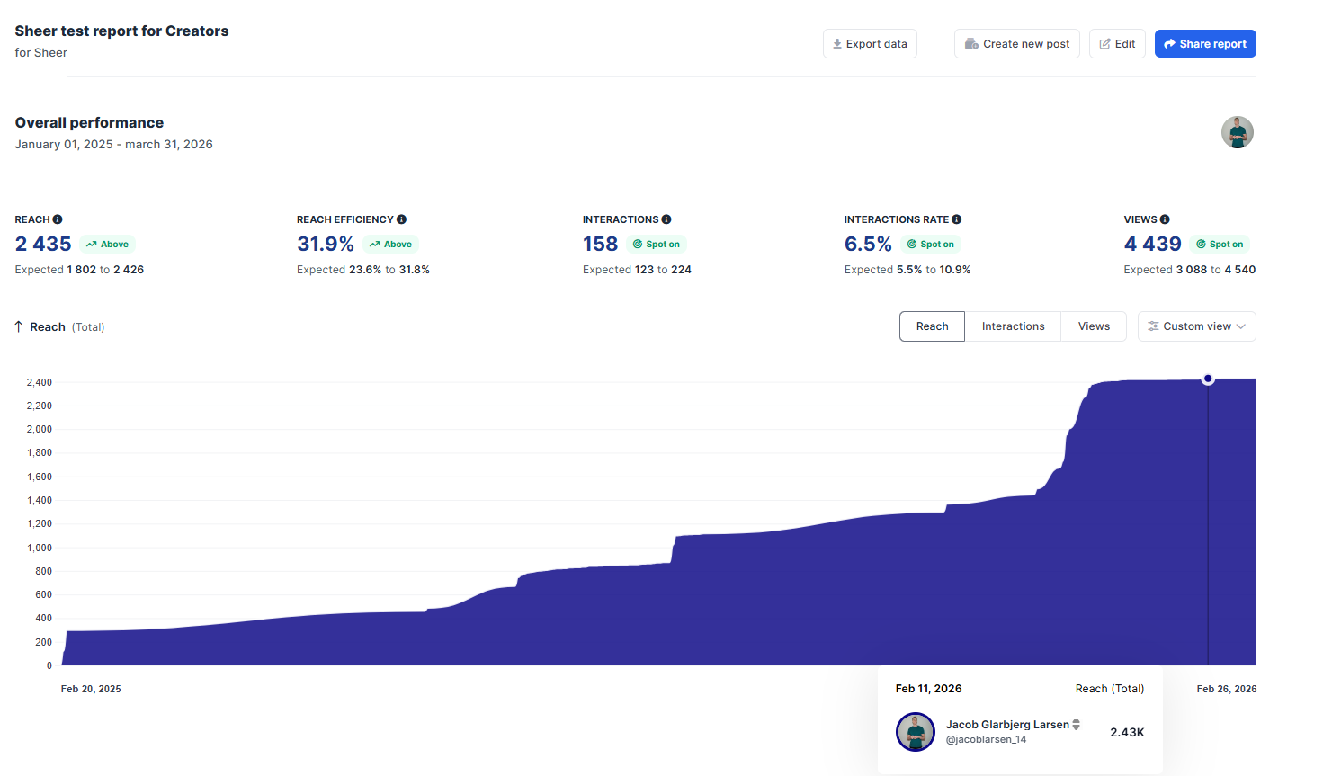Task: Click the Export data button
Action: (870, 44)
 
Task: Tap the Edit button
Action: (1117, 44)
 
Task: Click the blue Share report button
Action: (1205, 44)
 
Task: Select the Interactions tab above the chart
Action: (1013, 326)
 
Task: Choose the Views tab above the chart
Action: (1094, 326)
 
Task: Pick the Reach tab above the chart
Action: (932, 326)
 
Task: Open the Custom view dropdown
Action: (1196, 326)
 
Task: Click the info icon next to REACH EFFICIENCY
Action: (401, 219)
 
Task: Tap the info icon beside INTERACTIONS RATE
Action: (956, 219)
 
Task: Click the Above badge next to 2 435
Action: (108, 245)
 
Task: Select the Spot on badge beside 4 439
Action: (1220, 245)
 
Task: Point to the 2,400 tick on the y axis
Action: (40, 382)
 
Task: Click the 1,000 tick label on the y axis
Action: (40, 548)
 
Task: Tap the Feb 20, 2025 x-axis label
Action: (91, 689)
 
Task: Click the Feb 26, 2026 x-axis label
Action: (1226, 689)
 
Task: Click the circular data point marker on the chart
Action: (1208, 379)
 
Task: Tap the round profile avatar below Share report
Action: (1237, 132)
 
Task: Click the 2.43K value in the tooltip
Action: (1127, 733)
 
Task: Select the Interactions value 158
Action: (600, 245)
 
